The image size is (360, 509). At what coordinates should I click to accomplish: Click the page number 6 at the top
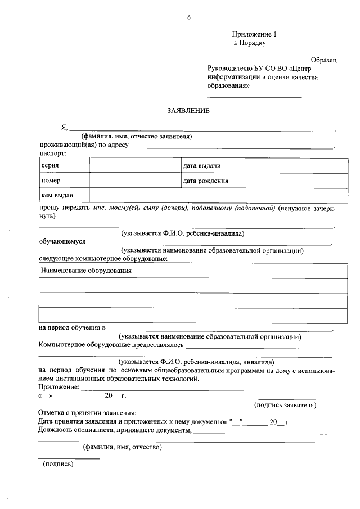coord(189,17)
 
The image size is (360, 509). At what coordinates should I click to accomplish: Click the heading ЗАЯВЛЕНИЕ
coord(188,111)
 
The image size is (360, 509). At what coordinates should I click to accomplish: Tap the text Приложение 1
coord(255,34)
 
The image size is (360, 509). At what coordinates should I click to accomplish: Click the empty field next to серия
coord(134,166)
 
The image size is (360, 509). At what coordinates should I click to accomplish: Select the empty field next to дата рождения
coord(299,181)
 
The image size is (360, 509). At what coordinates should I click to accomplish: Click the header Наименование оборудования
coord(86,271)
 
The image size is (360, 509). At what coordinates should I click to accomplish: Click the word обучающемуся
coord(62,241)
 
